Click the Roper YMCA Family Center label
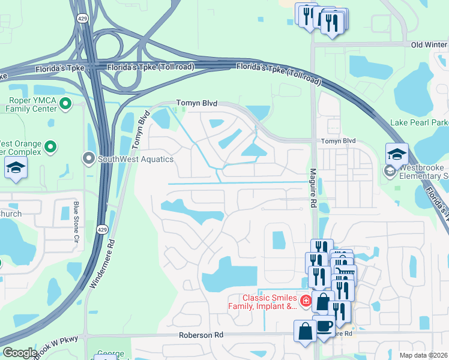(x=31, y=105)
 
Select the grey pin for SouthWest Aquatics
(x=89, y=159)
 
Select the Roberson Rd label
(x=201, y=335)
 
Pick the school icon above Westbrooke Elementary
(x=397, y=155)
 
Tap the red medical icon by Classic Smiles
(x=306, y=301)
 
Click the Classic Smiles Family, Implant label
(x=270, y=302)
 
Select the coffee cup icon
(x=324, y=326)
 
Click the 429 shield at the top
(x=80, y=19)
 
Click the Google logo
(x=19, y=352)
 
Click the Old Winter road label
(x=429, y=44)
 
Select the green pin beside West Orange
(x=51, y=146)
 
